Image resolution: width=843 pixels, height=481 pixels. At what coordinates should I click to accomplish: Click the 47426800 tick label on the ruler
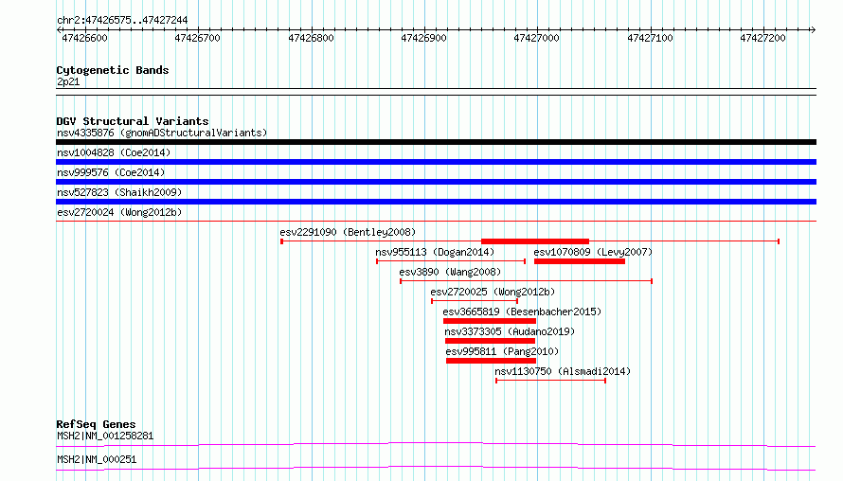pyautogui.click(x=311, y=38)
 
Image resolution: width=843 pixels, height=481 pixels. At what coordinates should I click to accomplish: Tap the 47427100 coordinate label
pyautogui.click(x=650, y=38)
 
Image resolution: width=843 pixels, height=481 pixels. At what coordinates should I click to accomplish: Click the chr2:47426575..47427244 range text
pyautogui.click(x=122, y=21)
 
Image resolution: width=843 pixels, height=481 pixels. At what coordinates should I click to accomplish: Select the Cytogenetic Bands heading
pyautogui.click(x=113, y=70)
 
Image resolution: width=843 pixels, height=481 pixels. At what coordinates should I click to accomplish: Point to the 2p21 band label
pyautogui.click(x=68, y=81)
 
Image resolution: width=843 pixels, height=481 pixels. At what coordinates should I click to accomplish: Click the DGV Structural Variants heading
pyautogui.click(x=133, y=121)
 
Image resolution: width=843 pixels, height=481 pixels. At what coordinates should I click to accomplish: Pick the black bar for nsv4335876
pyautogui.click(x=436, y=142)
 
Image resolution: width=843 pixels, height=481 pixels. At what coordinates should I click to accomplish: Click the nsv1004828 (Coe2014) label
pyautogui.click(x=114, y=152)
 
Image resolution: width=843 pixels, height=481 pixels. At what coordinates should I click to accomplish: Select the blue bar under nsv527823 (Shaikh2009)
pyautogui.click(x=436, y=202)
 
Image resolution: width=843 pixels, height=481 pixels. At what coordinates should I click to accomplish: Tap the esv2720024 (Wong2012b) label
pyautogui.click(x=119, y=212)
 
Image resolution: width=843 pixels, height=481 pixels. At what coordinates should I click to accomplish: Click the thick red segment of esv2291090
pyautogui.click(x=535, y=241)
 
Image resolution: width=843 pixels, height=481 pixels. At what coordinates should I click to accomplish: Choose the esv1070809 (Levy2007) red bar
pyautogui.click(x=580, y=261)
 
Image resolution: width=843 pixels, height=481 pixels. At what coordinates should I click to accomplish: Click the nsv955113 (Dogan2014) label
pyautogui.click(x=435, y=252)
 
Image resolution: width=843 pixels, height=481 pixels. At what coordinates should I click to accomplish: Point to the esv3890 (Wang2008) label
pyautogui.click(x=450, y=272)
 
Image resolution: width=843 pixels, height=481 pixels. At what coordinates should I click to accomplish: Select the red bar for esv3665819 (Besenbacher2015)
pyautogui.click(x=490, y=321)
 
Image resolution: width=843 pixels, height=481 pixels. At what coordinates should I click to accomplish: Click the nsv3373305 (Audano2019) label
pyautogui.click(x=510, y=331)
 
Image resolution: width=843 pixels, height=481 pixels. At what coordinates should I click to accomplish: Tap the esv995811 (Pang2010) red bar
pyautogui.click(x=491, y=361)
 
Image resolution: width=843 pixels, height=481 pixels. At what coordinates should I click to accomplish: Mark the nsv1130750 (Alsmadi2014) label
pyautogui.click(x=563, y=371)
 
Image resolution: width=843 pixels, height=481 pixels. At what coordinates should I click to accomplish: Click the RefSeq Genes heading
pyautogui.click(x=96, y=424)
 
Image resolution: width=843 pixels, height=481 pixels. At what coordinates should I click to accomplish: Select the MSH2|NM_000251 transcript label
pyautogui.click(x=97, y=459)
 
